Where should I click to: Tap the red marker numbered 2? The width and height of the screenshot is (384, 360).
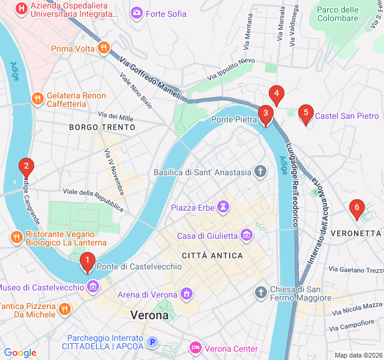point(26,166)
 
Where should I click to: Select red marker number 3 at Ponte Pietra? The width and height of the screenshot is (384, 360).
point(264,114)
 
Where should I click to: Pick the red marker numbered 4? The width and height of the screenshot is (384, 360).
point(276,94)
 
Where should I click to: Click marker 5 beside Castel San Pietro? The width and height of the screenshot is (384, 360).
point(306,113)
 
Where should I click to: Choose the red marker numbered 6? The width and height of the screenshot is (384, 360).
point(357,208)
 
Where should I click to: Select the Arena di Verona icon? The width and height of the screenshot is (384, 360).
point(187,294)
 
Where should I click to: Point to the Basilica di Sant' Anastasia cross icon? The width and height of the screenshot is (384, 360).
point(260,172)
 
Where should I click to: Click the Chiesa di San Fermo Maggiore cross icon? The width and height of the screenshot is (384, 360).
point(260,293)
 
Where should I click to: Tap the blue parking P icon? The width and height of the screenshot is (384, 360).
point(153,343)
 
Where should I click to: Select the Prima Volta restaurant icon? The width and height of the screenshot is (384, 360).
point(104,48)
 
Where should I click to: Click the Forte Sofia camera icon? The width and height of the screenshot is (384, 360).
point(136,13)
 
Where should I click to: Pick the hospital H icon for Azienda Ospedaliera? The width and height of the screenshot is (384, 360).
point(22,8)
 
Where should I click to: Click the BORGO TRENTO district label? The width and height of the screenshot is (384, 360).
point(102,127)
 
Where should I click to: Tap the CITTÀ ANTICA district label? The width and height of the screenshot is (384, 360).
point(217,256)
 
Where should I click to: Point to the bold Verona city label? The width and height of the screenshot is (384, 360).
point(149,315)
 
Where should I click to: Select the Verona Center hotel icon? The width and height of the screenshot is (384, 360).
point(195,348)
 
